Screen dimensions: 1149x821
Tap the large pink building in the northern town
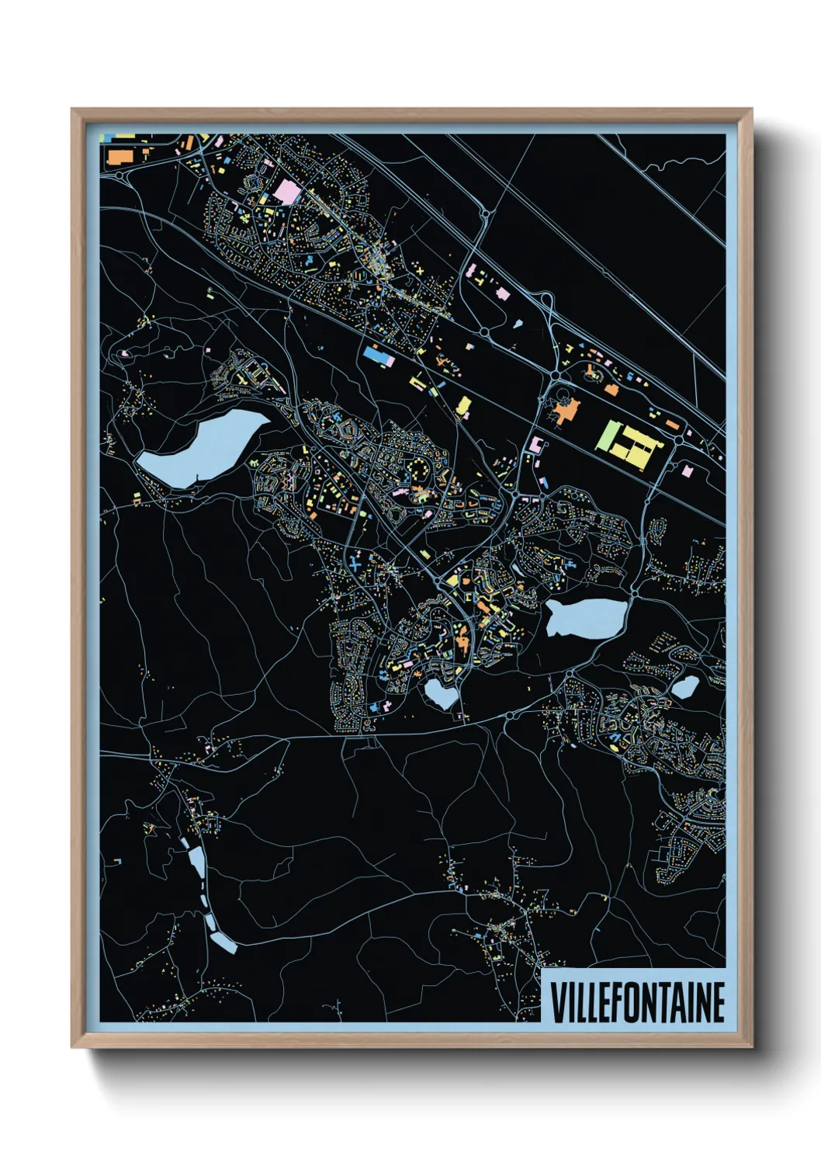click(x=286, y=191)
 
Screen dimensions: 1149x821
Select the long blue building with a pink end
click(x=378, y=356)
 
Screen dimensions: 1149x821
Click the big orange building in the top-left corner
click(x=120, y=155)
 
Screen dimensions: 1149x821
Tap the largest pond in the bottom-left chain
click(x=196, y=861)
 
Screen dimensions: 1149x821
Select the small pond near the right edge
click(x=684, y=686)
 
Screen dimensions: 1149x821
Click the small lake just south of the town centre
click(x=441, y=693)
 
